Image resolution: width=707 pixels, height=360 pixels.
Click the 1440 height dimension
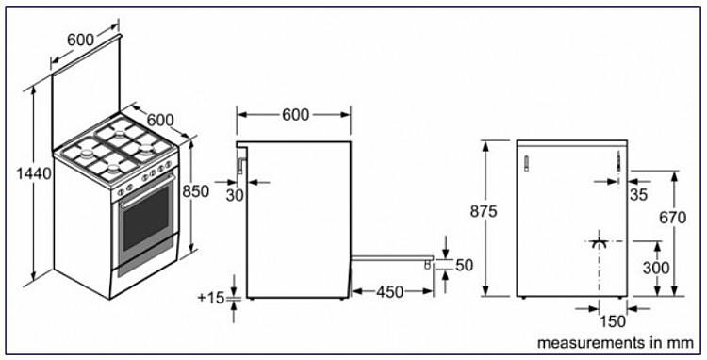coord(33,173)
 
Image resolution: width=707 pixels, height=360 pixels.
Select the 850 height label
coord(195,191)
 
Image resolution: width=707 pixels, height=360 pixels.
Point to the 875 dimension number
coord(483,211)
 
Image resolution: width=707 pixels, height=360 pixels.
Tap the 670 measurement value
coord(673,218)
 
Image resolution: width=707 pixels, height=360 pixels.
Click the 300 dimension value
coord(656,268)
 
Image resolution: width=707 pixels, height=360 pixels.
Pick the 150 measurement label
coord(614,321)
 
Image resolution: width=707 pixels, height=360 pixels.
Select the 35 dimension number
coord(638,195)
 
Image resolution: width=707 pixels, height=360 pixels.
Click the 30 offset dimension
coord(235,195)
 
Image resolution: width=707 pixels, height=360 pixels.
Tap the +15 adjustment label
coord(211,298)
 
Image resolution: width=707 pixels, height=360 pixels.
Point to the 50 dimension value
coord(465,266)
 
